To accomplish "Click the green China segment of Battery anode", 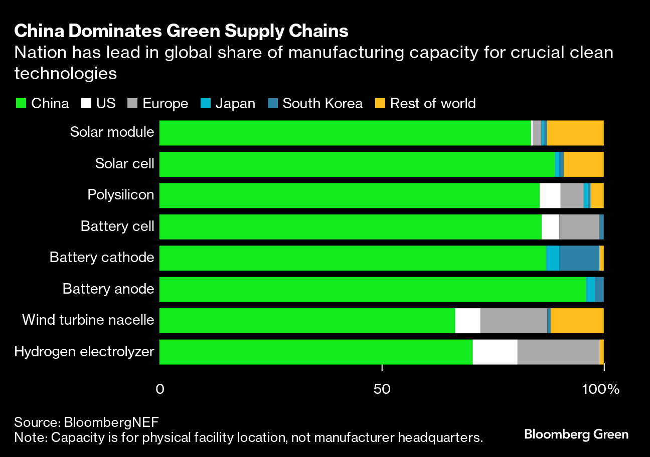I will click(372, 290).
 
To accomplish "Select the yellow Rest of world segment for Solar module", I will click(575, 133).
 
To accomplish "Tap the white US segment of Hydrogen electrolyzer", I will click(495, 352).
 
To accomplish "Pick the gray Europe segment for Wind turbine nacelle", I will click(514, 321).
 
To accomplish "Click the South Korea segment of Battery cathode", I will click(579, 258).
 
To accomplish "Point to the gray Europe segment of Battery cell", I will click(579, 227).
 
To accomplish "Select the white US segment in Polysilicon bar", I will click(550, 196).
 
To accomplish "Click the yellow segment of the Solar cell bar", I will click(583, 164).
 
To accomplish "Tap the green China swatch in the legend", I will click(21, 104).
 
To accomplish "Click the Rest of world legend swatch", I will click(381, 104).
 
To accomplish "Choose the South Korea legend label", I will click(322, 104).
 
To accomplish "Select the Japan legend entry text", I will click(235, 104).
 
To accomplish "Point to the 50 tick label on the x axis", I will click(382, 388).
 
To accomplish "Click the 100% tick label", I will click(604, 388).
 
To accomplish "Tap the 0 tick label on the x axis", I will click(160, 388).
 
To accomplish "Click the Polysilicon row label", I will click(120, 195).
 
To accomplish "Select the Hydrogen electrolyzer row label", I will click(84, 351).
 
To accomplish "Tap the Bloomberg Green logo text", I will click(576, 434).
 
